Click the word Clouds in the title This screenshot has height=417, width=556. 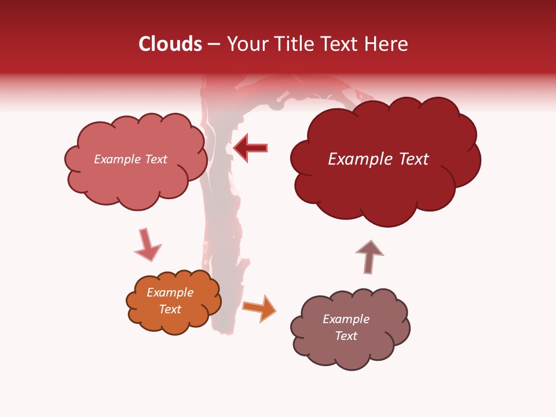(170, 44)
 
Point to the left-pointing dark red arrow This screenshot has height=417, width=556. (251, 148)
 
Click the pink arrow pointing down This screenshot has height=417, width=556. (147, 245)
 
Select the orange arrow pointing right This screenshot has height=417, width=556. (259, 308)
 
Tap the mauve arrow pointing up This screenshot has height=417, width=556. (370, 255)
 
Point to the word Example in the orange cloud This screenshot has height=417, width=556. (170, 292)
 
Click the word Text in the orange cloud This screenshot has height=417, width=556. (170, 309)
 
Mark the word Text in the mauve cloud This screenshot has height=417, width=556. (346, 336)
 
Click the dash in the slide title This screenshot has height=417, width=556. (214, 44)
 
